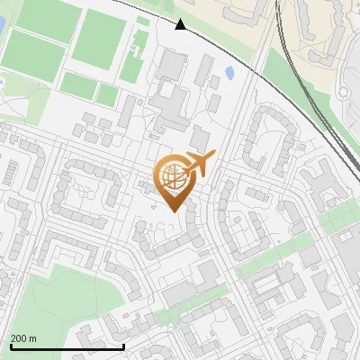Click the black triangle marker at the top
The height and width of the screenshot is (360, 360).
181,24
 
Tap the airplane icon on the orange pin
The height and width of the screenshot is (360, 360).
199,165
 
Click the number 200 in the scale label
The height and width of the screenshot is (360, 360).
19,338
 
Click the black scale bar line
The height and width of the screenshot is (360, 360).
67,346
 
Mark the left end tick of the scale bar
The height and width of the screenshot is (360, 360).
10,345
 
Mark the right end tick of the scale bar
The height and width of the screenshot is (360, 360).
123,345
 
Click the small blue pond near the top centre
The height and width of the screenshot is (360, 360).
229,72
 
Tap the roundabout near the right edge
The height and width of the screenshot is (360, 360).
346,237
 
